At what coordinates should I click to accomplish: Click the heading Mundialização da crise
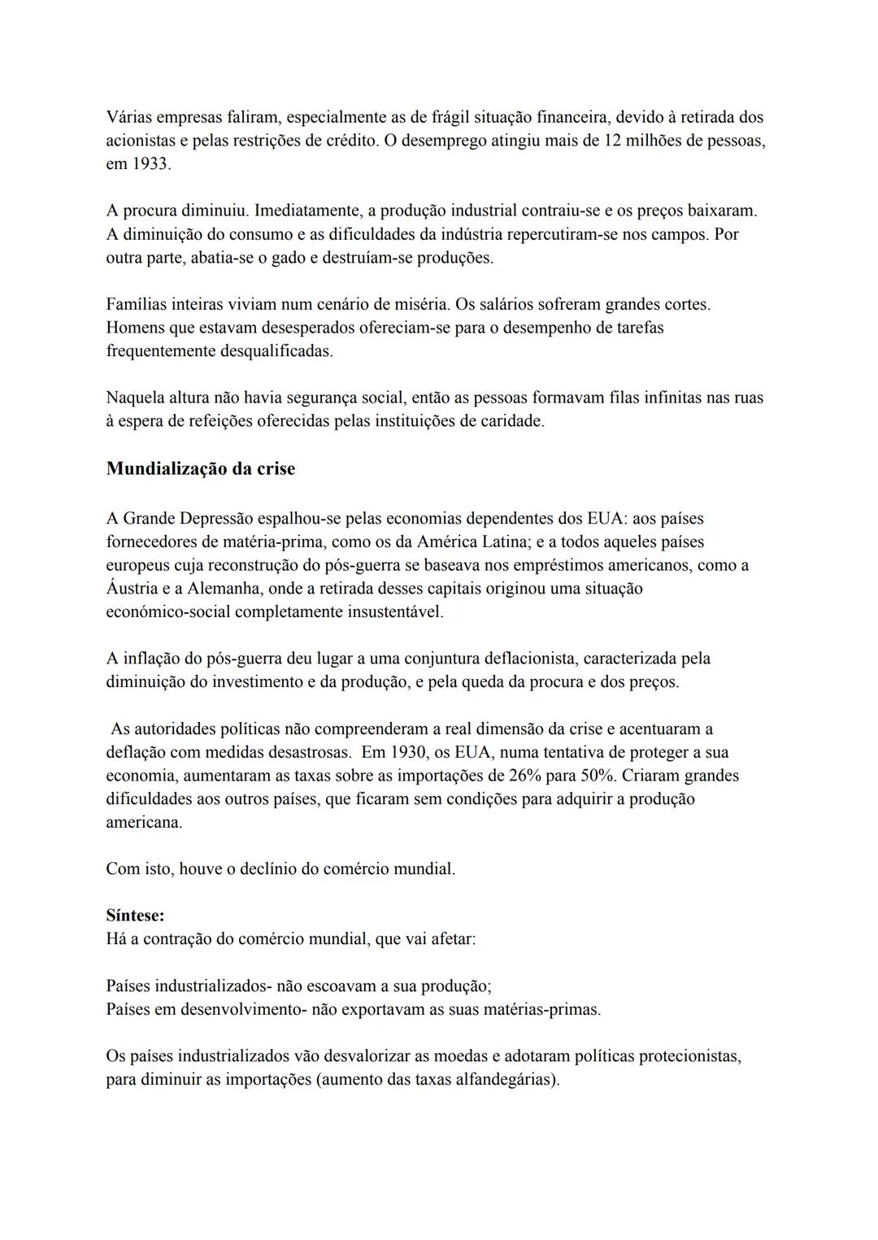pyautogui.click(x=200, y=469)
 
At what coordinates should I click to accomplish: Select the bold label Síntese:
pyautogui.click(x=135, y=916)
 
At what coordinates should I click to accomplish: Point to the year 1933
pyautogui.click(x=150, y=164)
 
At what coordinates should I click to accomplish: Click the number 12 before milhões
pyautogui.click(x=613, y=141)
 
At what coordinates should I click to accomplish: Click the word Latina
pyautogui.click(x=502, y=542)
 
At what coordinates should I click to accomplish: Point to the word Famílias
pyautogui.click(x=138, y=305)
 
